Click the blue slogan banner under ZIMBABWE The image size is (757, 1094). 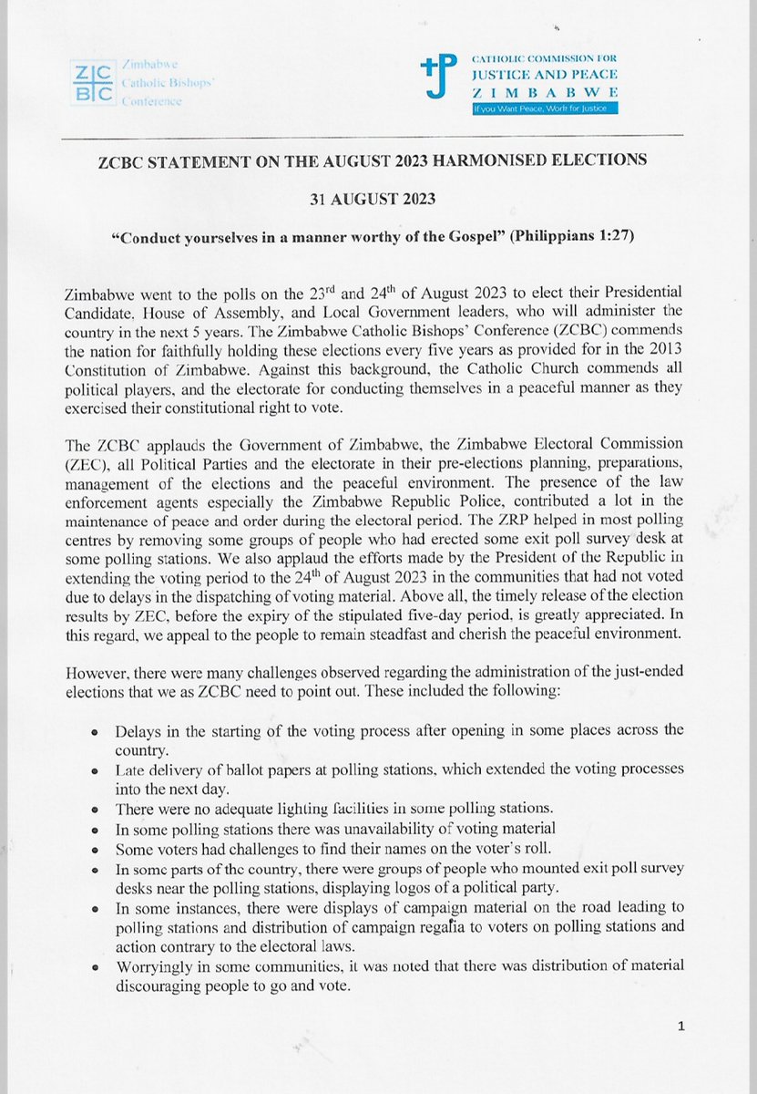pos(544,108)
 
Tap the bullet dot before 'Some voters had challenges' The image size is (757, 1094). pos(95,848)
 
